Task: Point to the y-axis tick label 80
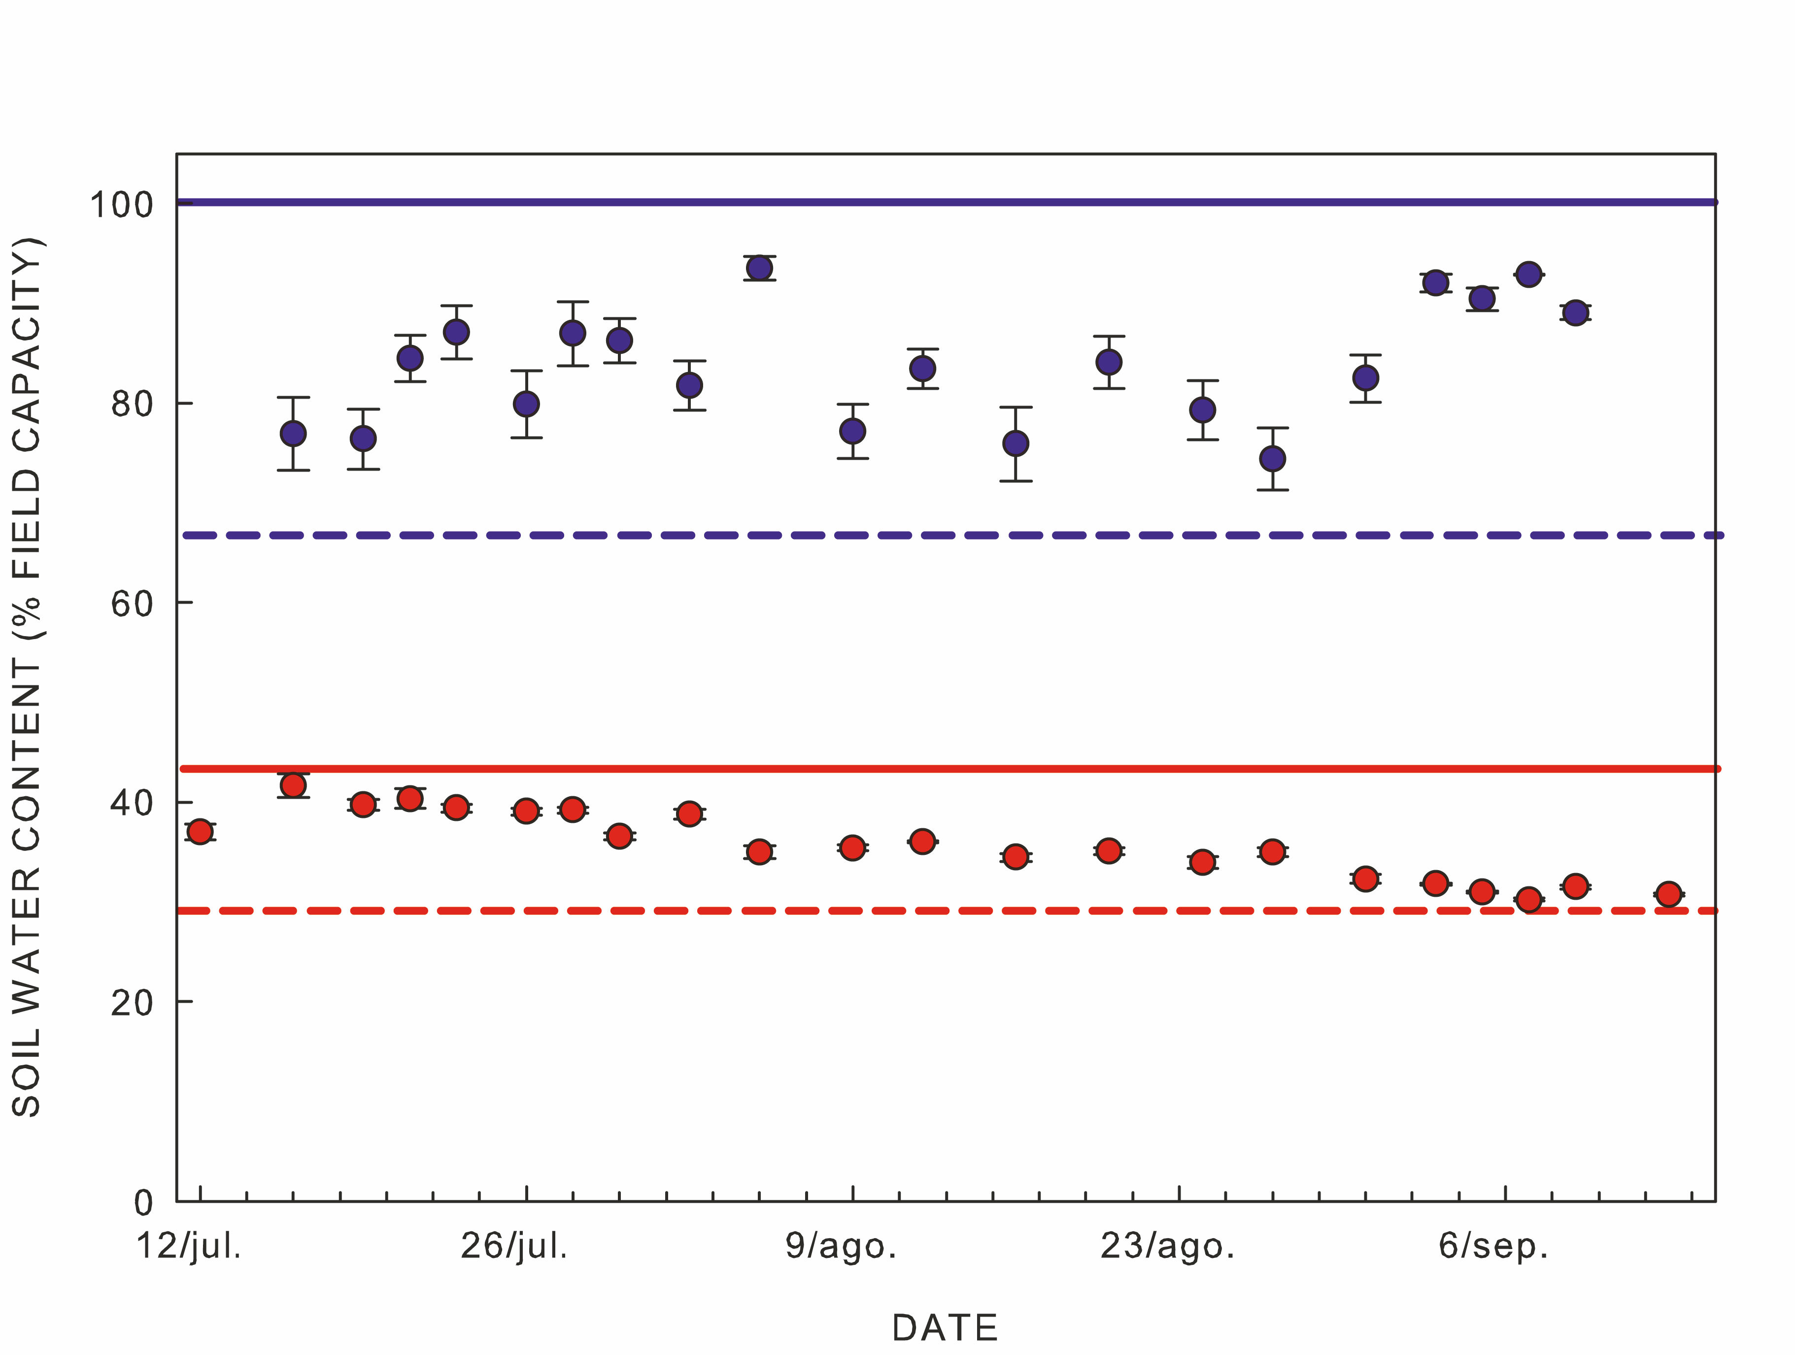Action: [132, 403]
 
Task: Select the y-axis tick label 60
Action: [132, 603]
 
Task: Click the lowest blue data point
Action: [1272, 458]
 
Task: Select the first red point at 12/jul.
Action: [200, 832]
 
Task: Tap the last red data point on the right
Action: [1668, 894]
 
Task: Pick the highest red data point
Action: [293, 785]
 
